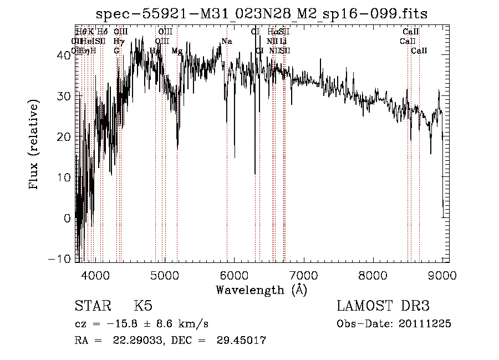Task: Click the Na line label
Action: coord(226,41)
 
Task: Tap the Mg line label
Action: coord(177,50)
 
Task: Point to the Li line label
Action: coord(283,41)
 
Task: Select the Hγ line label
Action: coord(118,41)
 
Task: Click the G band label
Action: coord(117,50)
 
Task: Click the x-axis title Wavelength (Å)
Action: coord(261,290)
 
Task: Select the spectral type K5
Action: coord(143,306)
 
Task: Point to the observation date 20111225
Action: coord(425,324)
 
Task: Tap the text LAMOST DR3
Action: coord(383,306)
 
